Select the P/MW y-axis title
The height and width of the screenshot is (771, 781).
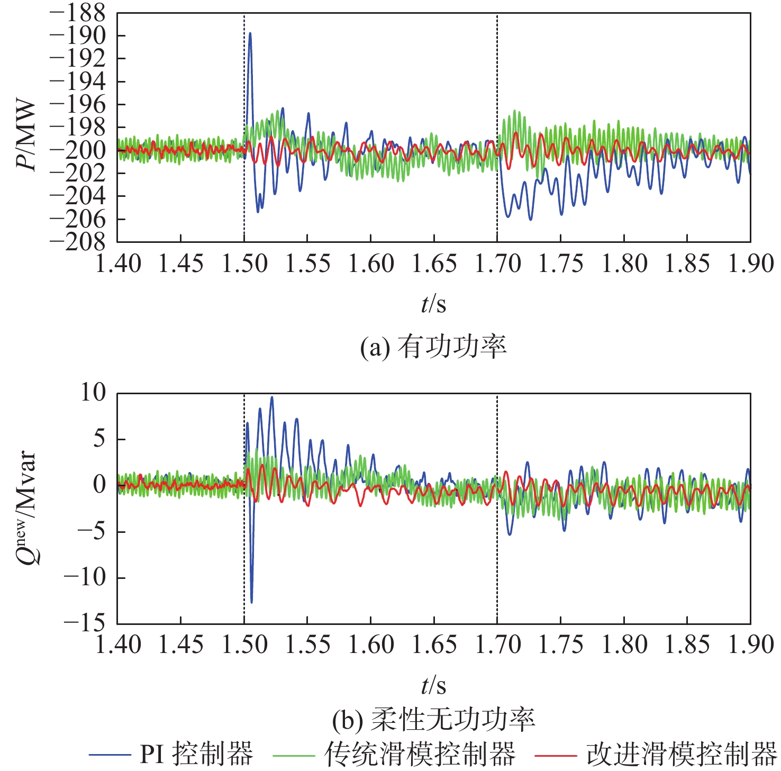(26, 135)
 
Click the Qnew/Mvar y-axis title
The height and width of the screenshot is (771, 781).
(26, 508)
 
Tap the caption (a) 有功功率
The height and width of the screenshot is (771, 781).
(433, 347)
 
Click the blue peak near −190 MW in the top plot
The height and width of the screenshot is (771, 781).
(250, 33)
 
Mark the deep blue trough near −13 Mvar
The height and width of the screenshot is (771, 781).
(251, 602)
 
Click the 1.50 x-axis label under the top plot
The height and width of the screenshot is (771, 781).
(244, 264)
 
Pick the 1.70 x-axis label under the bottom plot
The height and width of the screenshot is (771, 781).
(497, 645)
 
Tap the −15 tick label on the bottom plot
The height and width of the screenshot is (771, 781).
(85, 623)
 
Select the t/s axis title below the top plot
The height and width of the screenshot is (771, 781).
(433, 304)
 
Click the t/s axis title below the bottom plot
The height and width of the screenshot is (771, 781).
(433, 686)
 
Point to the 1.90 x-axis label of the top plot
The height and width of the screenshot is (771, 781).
(750, 264)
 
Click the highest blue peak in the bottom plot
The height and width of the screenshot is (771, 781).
(272, 397)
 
